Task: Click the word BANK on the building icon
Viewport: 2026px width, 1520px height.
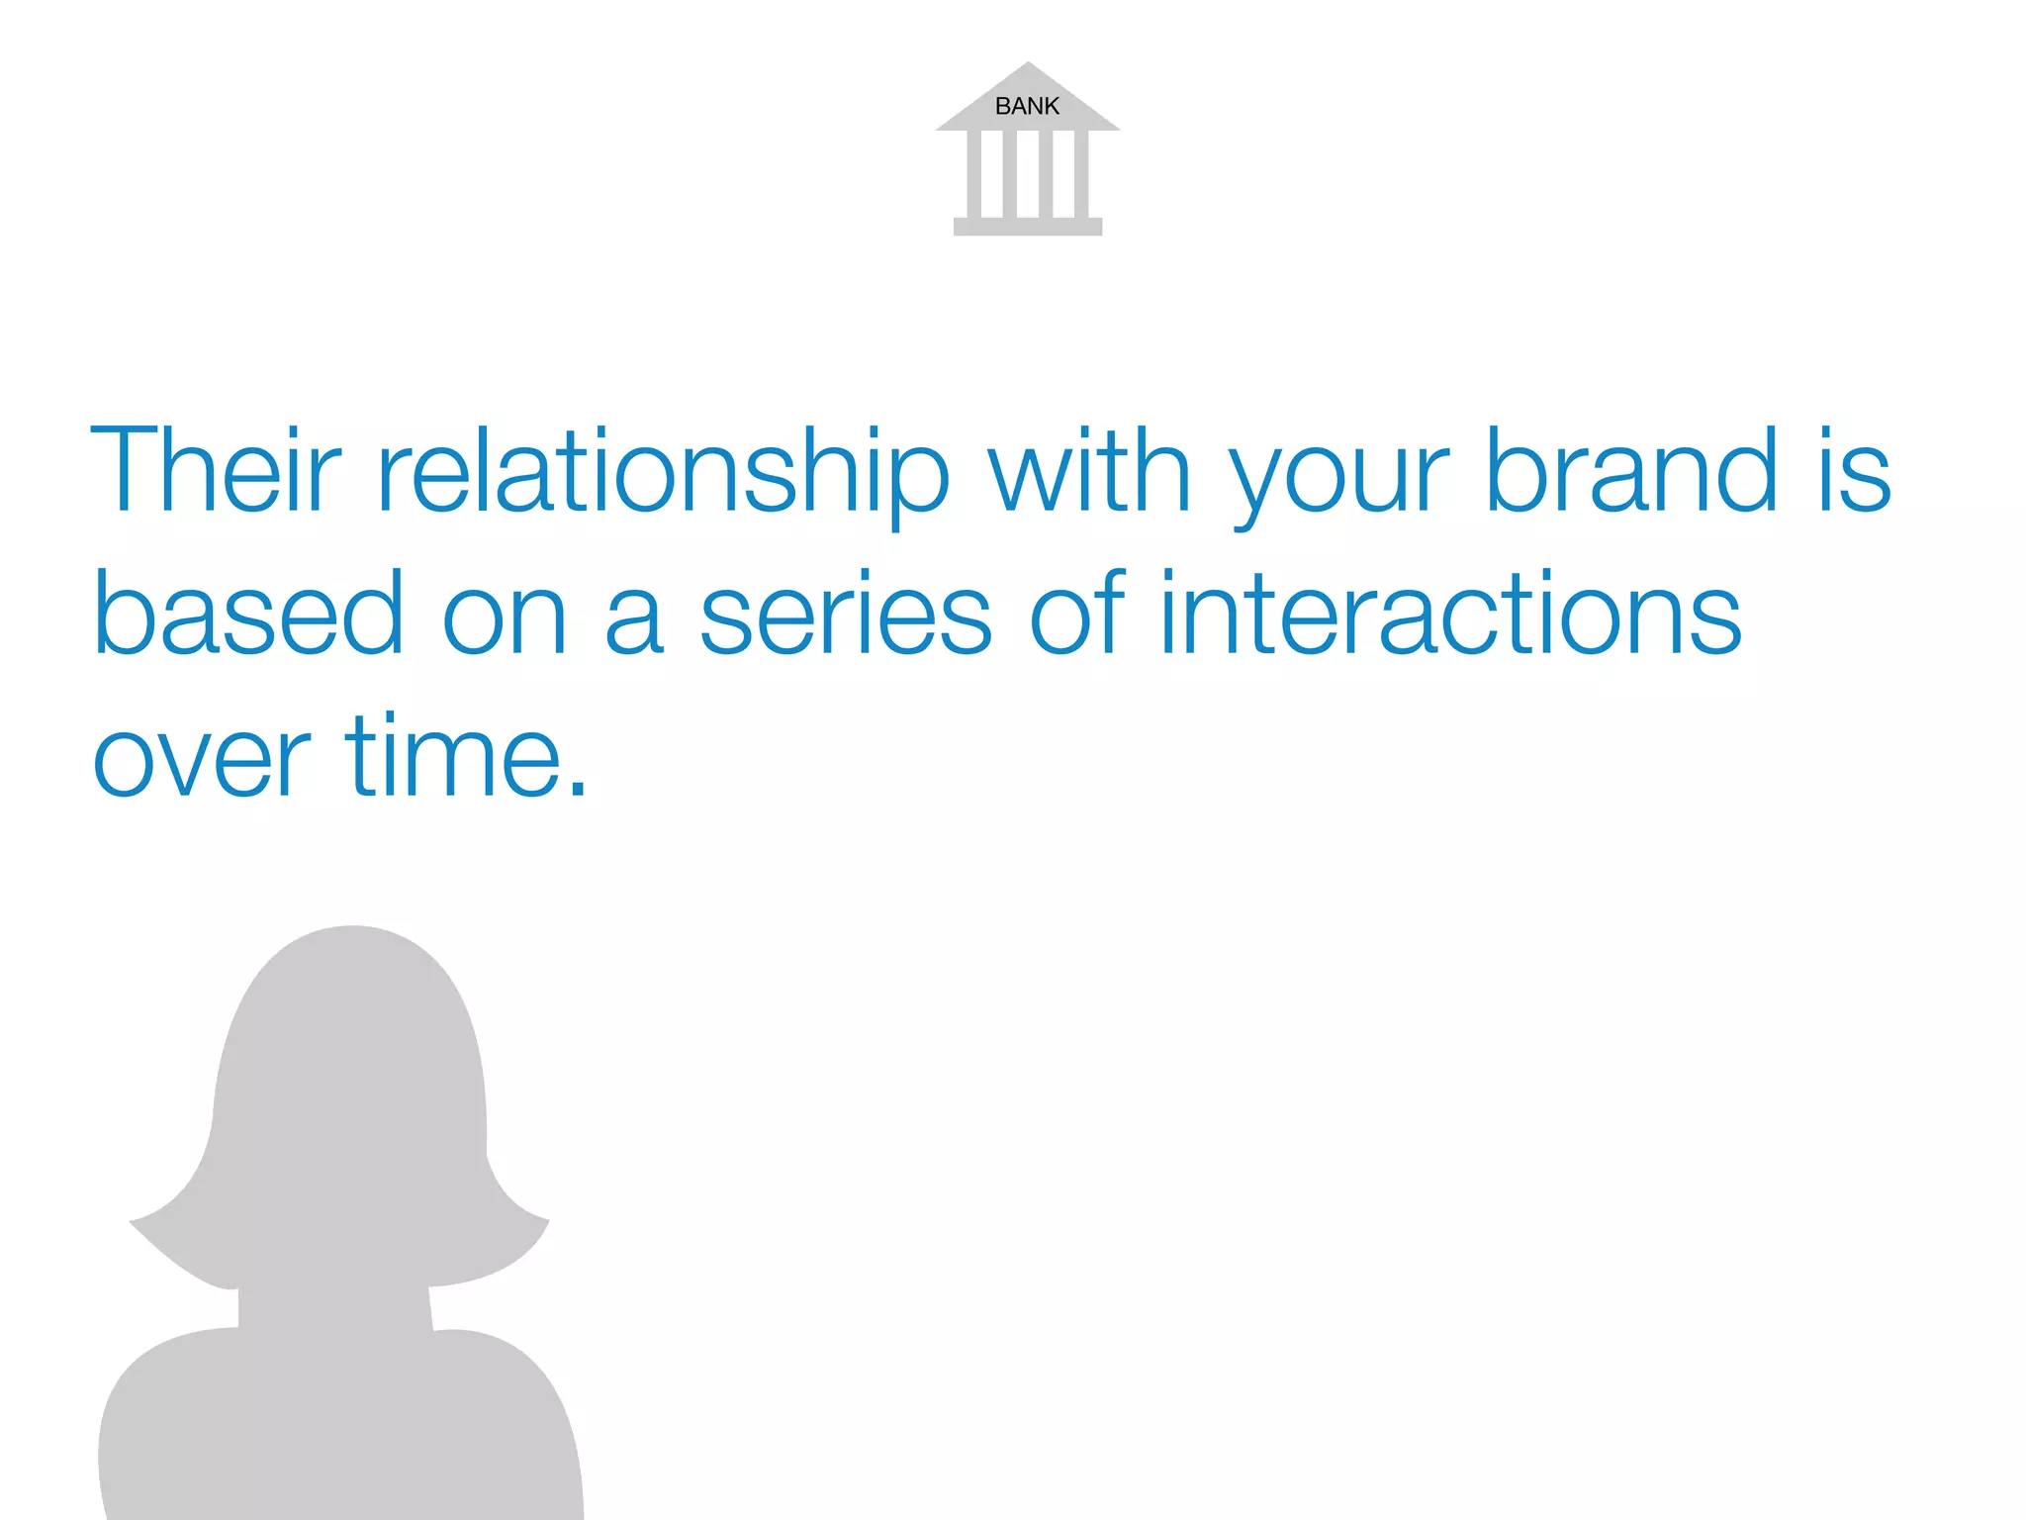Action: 1027,106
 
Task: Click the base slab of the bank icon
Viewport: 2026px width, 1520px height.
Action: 1027,227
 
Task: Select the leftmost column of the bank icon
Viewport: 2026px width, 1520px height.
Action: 973,174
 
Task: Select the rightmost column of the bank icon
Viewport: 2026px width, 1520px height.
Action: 1081,174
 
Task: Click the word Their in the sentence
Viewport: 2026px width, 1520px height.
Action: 215,470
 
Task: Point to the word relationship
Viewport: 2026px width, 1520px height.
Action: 663,473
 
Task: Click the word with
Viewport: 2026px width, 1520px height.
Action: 1089,470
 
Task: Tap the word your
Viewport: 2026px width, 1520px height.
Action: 1338,480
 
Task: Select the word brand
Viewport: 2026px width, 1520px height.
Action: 1632,470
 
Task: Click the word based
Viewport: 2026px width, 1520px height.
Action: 247,614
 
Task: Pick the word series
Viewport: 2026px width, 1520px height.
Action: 846,616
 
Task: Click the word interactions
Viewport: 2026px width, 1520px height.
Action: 1449,614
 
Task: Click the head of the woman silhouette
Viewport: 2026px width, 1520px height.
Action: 351,1069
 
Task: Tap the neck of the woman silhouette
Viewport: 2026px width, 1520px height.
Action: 334,1306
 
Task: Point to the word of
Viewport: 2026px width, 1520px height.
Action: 1076,614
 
